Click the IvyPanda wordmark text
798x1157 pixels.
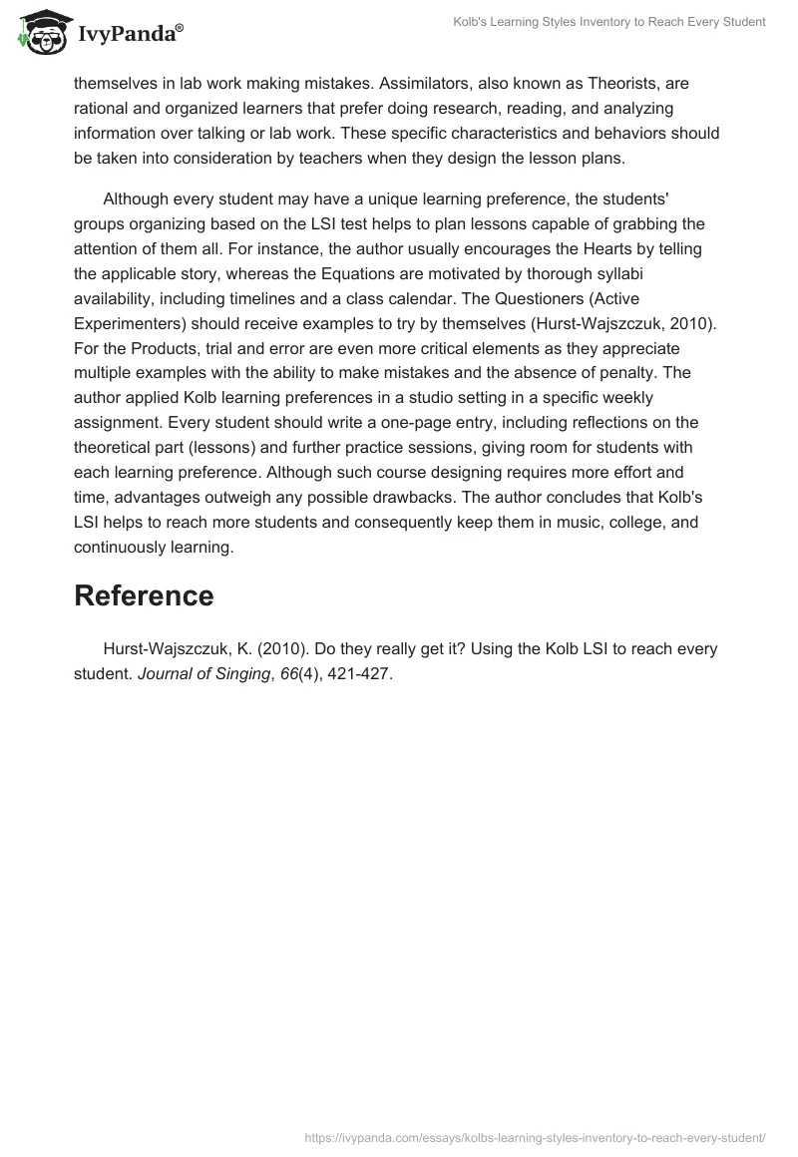coord(130,35)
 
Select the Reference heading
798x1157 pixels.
coord(144,595)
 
